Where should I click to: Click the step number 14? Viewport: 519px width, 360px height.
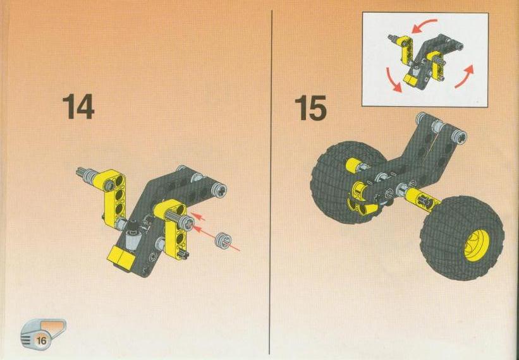point(78,106)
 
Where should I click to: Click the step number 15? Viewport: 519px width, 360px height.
point(310,107)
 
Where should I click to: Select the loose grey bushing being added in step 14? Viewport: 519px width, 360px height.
point(223,241)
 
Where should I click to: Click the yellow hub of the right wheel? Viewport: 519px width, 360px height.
point(477,245)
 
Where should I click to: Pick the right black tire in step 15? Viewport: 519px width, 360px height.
point(462,238)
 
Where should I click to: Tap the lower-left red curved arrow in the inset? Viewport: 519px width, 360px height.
point(393,80)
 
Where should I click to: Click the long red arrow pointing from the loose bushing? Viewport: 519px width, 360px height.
point(216,238)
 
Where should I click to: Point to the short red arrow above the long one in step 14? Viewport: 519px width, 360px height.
point(198,217)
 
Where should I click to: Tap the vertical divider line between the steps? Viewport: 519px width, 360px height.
point(271,182)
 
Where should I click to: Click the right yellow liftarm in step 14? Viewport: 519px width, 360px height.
point(173,229)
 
